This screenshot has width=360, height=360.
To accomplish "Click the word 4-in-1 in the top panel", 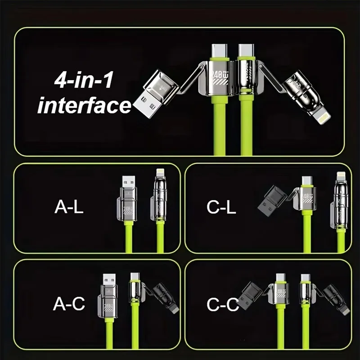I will pos(84,82).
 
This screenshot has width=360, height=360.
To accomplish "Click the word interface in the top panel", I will pos(84,106).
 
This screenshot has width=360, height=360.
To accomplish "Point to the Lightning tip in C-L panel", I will pos(340,175).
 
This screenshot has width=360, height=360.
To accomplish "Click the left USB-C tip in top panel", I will pos(220,50).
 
